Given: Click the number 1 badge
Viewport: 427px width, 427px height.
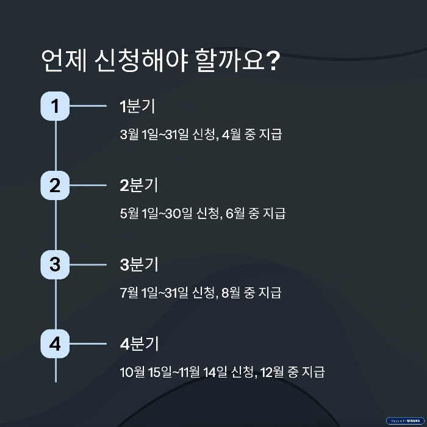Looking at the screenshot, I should pyautogui.click(x=56, y=107).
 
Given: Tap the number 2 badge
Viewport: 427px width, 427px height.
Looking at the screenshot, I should pyautogui.click(x=56, y=186).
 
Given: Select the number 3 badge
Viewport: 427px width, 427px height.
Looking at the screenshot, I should pyautogui.click(x=56, y=265).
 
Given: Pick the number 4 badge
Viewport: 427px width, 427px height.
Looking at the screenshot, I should pyautogui.click(x=56, y=344).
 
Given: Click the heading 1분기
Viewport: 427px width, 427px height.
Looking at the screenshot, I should pyautogui.click(x=137, y=107).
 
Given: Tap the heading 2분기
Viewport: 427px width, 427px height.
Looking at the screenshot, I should pyautogui.click(x=139, y=186).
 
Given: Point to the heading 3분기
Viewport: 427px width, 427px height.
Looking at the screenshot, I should pyautogui.click(x=139, y=265).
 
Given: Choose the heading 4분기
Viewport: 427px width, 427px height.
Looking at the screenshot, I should pyautogui.click(x=139, y=344).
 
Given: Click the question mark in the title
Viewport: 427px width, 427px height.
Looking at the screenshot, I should pyautogui.click(x=273, y=62).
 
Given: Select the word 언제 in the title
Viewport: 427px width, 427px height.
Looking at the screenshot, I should pyautogui.click(x=63, y=62).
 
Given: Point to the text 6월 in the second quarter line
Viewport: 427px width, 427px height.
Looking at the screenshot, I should pyautogui.click(x=235, y=213).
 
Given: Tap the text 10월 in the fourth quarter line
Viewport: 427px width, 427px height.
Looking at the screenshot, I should pyautogui.click(x=132, y=371).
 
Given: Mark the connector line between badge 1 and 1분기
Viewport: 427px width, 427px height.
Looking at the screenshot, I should pyautogui.click(x=89, y=107).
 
